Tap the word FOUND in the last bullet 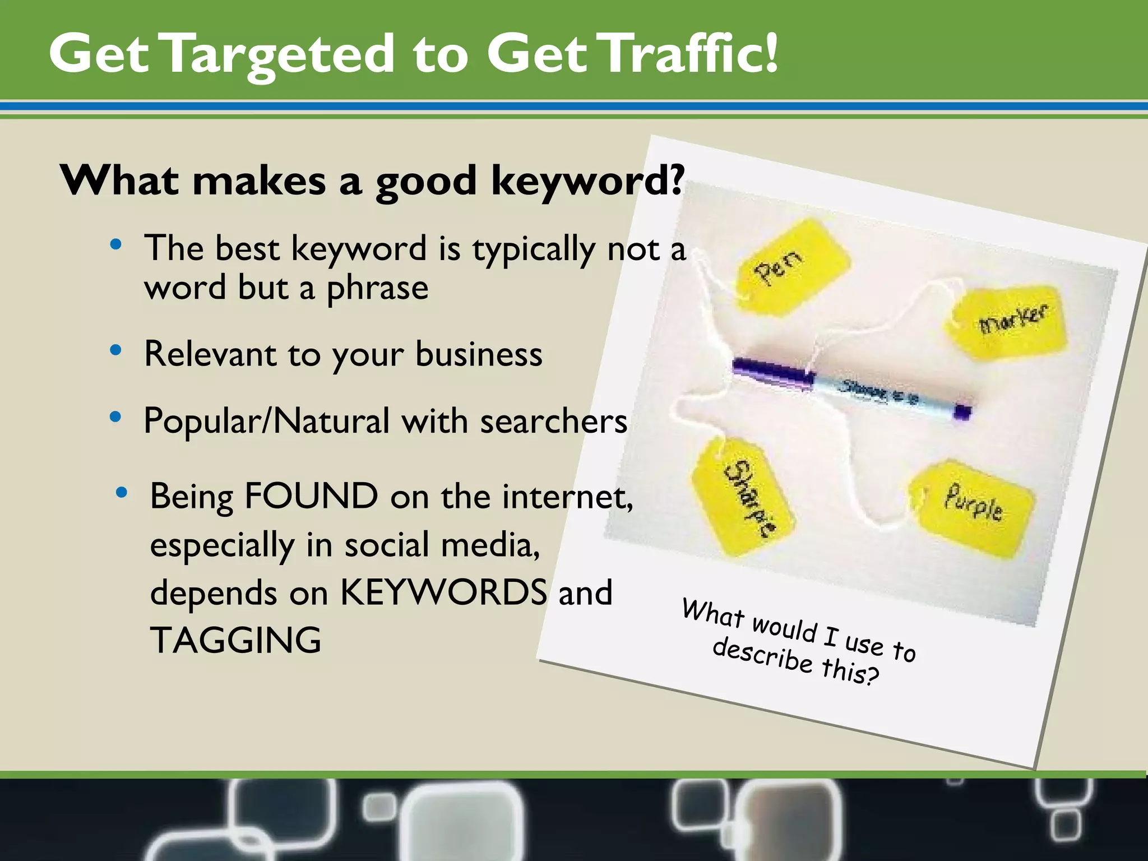(x=311, y=497)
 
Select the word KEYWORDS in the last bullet (x=443, y=592)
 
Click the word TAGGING (x=236, y=640)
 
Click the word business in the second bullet (x=479, y=354)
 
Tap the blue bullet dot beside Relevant (x=116, y=351)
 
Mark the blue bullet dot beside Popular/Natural (x=116, y=417)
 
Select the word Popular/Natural (x=266, y=422)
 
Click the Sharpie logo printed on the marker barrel (x=866, y=389)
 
